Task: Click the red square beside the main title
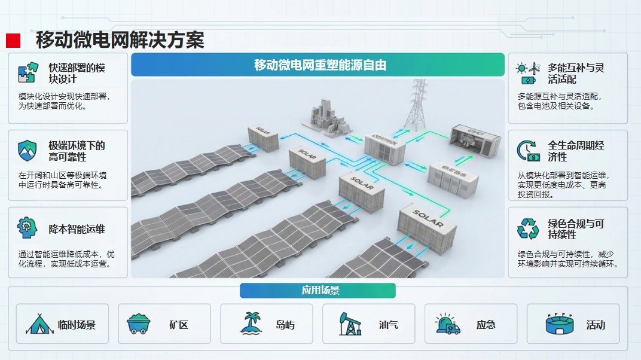(x=13, y=41)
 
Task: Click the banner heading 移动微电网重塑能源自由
(x=320, y=65)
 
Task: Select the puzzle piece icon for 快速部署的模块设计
(x=28, y=72)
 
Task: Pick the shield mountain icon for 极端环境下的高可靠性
(x=28, y=150)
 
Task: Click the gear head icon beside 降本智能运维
(x=28, y=228)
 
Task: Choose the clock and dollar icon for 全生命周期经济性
(x=527, y=150)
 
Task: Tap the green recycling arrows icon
(x=528, y=228)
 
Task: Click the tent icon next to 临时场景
(x=39, y=324)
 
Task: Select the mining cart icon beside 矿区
(x=139, y=324)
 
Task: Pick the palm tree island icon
(x=251, y=324)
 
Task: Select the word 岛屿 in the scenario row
(x=285, y=325)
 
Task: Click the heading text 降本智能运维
(x=77, y=229)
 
